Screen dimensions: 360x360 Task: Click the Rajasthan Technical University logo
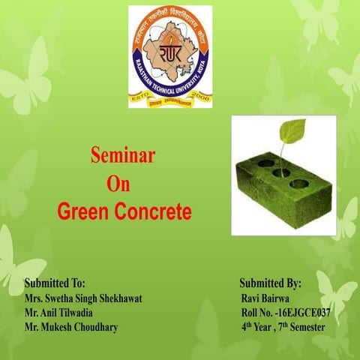(169, 56)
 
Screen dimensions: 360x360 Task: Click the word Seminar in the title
(122, 156)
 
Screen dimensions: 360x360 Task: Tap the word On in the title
(118, 184)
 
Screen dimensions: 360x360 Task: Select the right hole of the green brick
(300, 182)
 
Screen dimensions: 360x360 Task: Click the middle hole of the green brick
(282, 172)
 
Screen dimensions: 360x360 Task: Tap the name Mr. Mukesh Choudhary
(70, 327)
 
